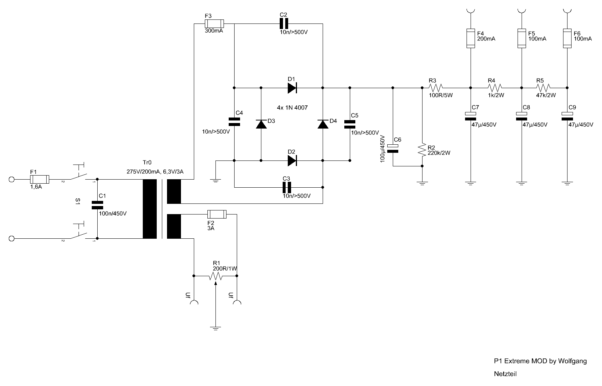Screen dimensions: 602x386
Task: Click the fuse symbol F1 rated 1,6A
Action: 40,179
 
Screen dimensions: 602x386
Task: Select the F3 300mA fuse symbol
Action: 214,24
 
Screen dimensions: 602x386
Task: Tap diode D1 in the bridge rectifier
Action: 292,88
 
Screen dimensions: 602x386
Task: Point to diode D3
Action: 261,124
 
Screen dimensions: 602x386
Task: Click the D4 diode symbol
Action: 323,124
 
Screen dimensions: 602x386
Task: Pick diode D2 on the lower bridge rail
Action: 292,161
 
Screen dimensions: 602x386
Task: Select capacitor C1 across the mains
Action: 97,205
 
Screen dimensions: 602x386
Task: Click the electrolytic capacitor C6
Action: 393,149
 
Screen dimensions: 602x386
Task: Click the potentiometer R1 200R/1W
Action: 215,276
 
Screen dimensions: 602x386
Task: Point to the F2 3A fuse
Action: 217,214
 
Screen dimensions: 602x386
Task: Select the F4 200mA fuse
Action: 471,39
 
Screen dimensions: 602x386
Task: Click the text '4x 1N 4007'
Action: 292,108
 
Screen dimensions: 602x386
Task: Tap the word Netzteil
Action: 505,374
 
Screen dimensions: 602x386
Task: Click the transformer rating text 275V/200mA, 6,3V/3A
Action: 155,172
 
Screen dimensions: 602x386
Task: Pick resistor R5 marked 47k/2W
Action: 543,88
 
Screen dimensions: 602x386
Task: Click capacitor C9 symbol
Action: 567,116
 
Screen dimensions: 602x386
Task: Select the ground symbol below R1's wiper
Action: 215,328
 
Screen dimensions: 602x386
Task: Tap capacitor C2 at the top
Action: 284,24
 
